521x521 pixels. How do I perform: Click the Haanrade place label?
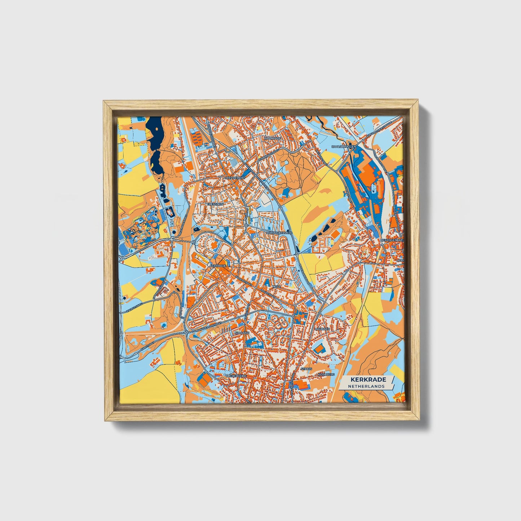(272, 138)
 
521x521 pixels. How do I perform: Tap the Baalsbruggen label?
(344, 147)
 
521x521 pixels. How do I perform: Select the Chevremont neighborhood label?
(234, 178)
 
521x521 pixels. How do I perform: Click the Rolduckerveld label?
(278, 233)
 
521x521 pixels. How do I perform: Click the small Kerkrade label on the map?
(217, 266)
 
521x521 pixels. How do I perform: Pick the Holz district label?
(277, 286)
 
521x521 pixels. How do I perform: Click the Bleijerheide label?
(236, 376)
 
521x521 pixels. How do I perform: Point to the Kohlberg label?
(326, 375)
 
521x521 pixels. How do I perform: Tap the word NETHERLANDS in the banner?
(366, 386)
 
